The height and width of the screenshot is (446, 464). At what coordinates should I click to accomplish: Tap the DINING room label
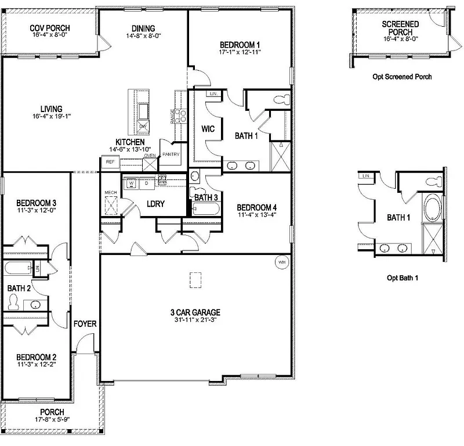[x=143, y=28]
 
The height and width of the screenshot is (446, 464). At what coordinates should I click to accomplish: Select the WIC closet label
[x=208, y=128]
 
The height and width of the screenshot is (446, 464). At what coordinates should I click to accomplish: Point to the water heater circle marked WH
[x=282, y=261]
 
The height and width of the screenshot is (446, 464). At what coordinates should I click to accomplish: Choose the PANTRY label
[x=171, y=154]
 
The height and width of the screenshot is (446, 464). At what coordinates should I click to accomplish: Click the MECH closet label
[x=110, y=192]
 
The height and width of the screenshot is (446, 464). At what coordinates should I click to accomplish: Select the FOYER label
[x=85, y=323]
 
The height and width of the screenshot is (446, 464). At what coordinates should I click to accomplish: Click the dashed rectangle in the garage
[x=195, y=280]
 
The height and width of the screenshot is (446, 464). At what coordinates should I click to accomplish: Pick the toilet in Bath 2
[x=14, y=302]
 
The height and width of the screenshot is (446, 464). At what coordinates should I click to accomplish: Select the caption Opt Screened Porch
[x=403, y=77]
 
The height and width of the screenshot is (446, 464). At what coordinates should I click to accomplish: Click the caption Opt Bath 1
[x=403, y=278]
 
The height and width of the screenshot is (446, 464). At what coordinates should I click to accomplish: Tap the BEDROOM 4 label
[x=257, y=207]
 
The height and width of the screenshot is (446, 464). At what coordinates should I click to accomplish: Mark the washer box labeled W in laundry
[x=132, y=183]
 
